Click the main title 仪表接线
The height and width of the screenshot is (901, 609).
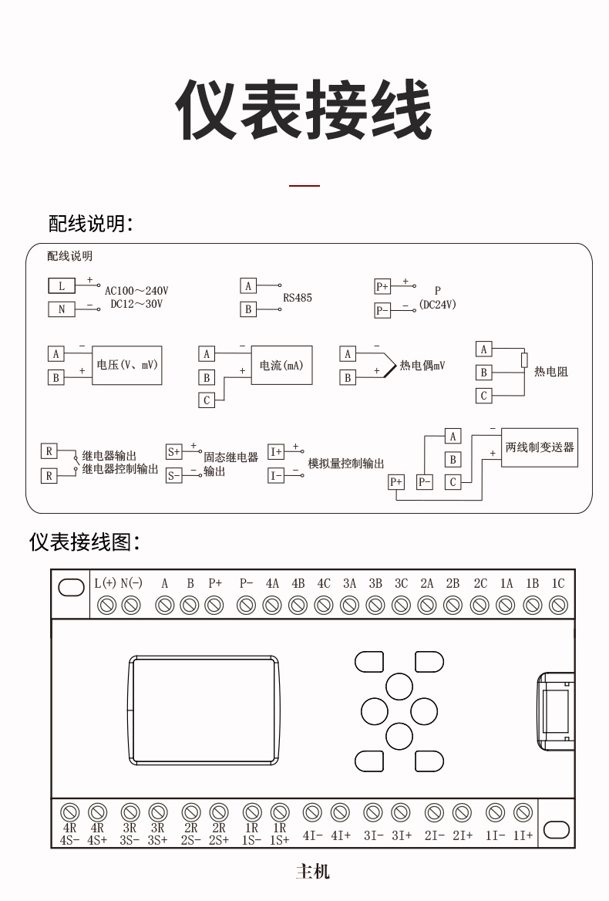click(x=304, y=110)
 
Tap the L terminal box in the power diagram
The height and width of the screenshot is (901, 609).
click(x=62, y=286)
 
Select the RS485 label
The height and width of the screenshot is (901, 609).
click(x=298, y=298)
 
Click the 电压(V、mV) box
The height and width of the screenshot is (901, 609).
click(x=127, y=365)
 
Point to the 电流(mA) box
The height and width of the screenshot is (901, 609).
click(x=281, y=365)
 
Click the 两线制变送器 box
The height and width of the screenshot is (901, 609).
click(x=540, y=447)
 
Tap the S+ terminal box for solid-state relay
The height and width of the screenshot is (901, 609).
click(x=174, y=452)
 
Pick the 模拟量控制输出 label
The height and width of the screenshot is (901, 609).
click(x=345, y=464)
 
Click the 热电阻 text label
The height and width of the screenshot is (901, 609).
click(x=551, y=372)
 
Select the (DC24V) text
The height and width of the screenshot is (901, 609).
click(x=438, y=305)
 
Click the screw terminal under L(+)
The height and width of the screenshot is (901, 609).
click(x=107, y=606)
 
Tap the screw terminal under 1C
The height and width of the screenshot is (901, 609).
click(x=558, y=606)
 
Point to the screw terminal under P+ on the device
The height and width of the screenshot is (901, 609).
click(x=215, y=606)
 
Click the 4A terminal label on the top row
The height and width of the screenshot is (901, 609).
click(x=272, y=584)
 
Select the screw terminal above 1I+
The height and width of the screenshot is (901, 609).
click(x=523, y=812)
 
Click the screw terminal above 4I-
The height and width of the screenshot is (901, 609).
click(x=312, y=812)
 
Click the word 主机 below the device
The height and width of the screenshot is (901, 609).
click(x=312, y=872)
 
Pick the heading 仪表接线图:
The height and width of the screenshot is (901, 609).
click(x=85, y=542)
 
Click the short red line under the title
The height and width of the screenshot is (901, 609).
click(x=304, y=186)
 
